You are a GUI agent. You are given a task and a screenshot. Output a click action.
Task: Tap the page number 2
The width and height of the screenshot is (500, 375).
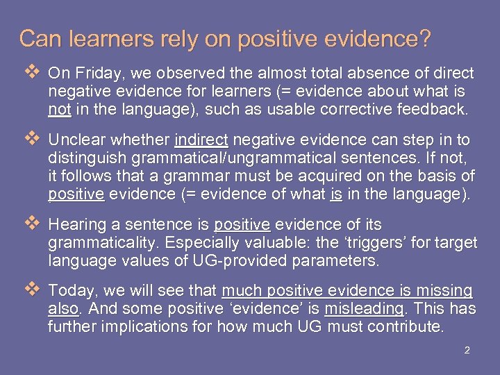pos(467,350)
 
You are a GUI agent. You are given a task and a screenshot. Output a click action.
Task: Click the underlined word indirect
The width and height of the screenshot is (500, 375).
pos(203,140)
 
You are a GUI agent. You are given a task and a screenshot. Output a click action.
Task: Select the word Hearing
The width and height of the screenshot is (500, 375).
pos(74,225)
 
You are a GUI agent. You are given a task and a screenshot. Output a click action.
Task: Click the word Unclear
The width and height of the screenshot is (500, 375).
pos(75,140)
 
